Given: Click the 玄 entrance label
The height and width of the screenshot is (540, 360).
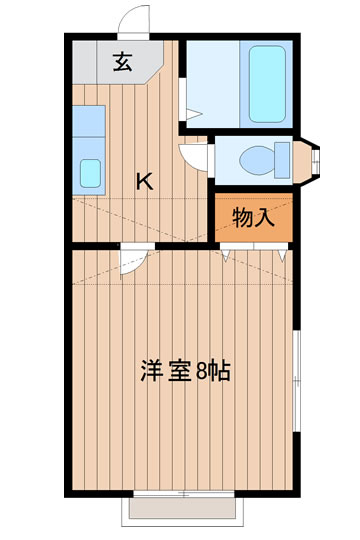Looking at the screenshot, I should click(122, 63).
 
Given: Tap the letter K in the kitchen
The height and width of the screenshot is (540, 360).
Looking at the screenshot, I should click(145, 181).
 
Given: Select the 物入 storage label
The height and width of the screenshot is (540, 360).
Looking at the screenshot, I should click(253, 217).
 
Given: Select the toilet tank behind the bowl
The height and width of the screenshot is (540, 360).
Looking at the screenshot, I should click(288, 158).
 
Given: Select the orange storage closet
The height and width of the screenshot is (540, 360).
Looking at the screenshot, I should click(254, 218).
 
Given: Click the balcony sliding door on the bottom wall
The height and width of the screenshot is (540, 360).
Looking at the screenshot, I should click(182, 494).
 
